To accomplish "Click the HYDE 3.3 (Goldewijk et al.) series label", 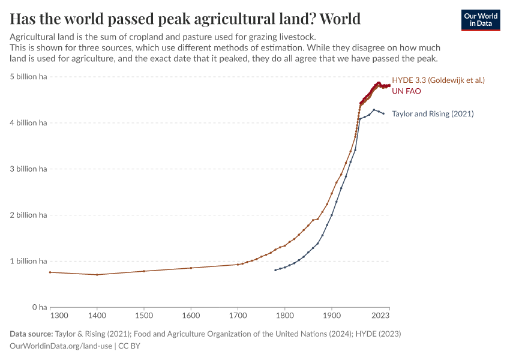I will [438, 80].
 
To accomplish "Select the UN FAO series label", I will [406, 91].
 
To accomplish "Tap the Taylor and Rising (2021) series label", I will [433, 113].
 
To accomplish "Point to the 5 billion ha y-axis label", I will [28, 77].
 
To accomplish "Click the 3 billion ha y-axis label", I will [28, 169].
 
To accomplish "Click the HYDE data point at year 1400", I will [97, 275].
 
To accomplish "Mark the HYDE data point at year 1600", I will [191, 268].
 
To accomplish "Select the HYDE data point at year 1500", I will [144, 271].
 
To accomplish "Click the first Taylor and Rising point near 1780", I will [275, 270].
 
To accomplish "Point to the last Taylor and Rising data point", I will [383, 113].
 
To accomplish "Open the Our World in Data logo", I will [481, 20].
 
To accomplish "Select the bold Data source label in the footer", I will [31, 334].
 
